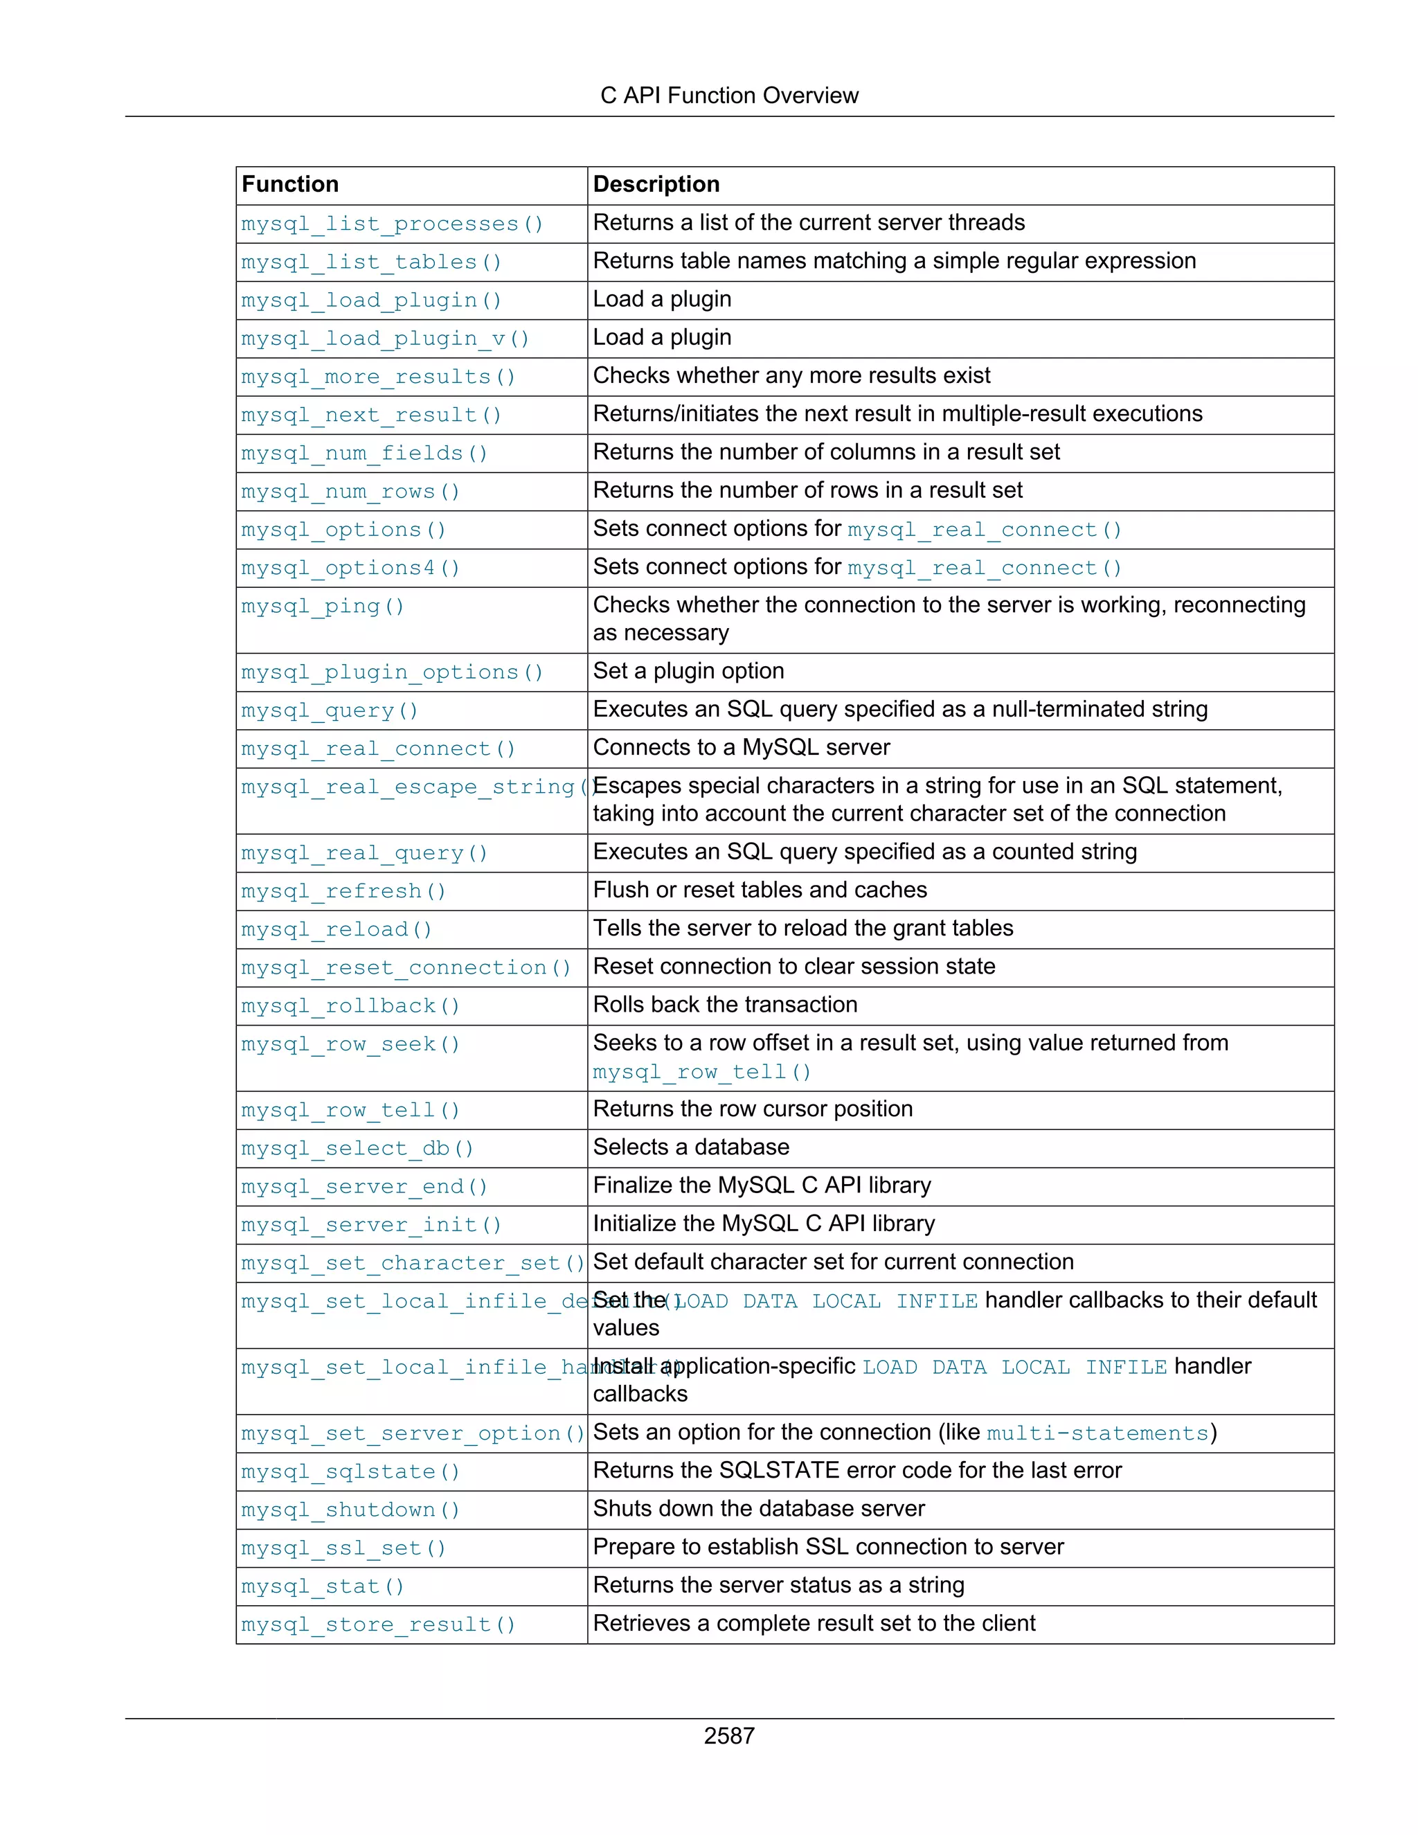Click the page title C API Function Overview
(728, 96)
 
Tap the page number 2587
(728, 1735)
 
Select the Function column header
(290, 184)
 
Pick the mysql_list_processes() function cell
(393, 224)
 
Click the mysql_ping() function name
(323, 606)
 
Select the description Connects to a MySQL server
(741, 747)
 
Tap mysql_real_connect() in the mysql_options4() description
(984, 568)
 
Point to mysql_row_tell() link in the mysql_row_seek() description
(701, 1072)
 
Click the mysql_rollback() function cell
(350, 1005)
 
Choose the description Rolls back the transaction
(725, 1004)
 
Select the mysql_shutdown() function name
(350, 1510)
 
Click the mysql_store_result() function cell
(378, 1624)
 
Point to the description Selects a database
(690, 1147)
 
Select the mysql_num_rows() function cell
(350, 492)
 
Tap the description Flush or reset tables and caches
(760, 890)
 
